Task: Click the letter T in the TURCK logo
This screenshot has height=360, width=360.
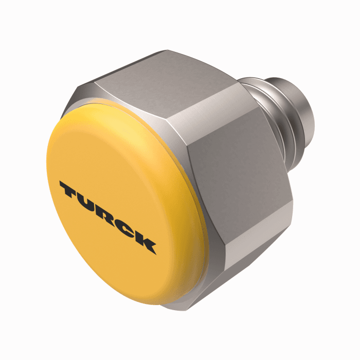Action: tap(70, 191)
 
